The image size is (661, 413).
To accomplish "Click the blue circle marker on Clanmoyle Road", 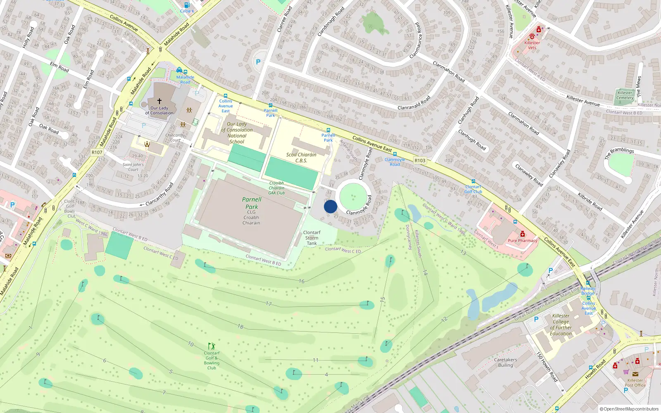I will (x=330, y=206).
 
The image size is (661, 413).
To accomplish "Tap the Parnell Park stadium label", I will (x=252, y=203).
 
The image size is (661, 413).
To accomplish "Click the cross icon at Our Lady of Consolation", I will (x=159, y=101).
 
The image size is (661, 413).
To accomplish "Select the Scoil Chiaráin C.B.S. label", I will (x=301, y=157).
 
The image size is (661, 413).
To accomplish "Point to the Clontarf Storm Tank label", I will (x=312, y=238).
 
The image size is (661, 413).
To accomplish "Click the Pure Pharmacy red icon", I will (x=523, y=234).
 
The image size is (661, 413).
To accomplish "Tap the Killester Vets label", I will (x=532, y=45).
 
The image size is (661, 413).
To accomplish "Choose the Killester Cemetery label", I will (x=625, y=95).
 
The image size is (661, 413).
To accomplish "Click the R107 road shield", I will (x=97, y=152).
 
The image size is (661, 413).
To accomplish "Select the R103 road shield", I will (x=420, y=160).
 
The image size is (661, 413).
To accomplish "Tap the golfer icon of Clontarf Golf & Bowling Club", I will (x=212, y=346).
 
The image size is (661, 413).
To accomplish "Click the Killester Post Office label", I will (x=635, y=383).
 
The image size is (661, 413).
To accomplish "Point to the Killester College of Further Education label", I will (x=561, y=325).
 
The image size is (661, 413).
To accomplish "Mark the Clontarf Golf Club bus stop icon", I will (x=473, y=181).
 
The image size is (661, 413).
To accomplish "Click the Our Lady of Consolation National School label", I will (x=237, y=133).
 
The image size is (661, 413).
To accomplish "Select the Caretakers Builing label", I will (x=505, y=362).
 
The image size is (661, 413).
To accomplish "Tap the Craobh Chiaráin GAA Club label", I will (x=276, y=188).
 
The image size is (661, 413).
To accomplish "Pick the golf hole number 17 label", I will (x=269, y=304).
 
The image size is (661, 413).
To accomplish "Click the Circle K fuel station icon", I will (x=187, y=5).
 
